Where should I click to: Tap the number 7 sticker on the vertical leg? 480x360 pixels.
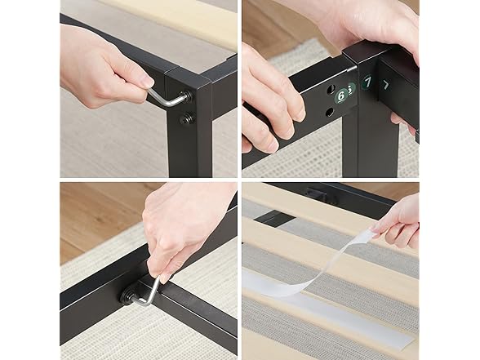[367, 83]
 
